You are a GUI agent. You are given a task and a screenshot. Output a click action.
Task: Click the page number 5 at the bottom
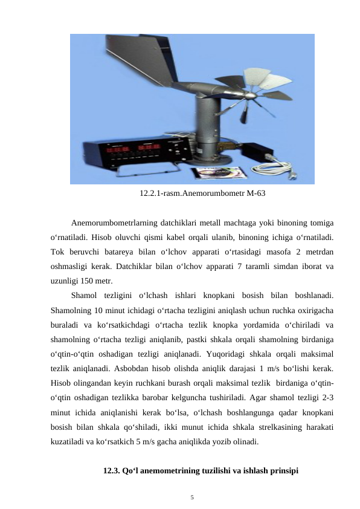191,498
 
